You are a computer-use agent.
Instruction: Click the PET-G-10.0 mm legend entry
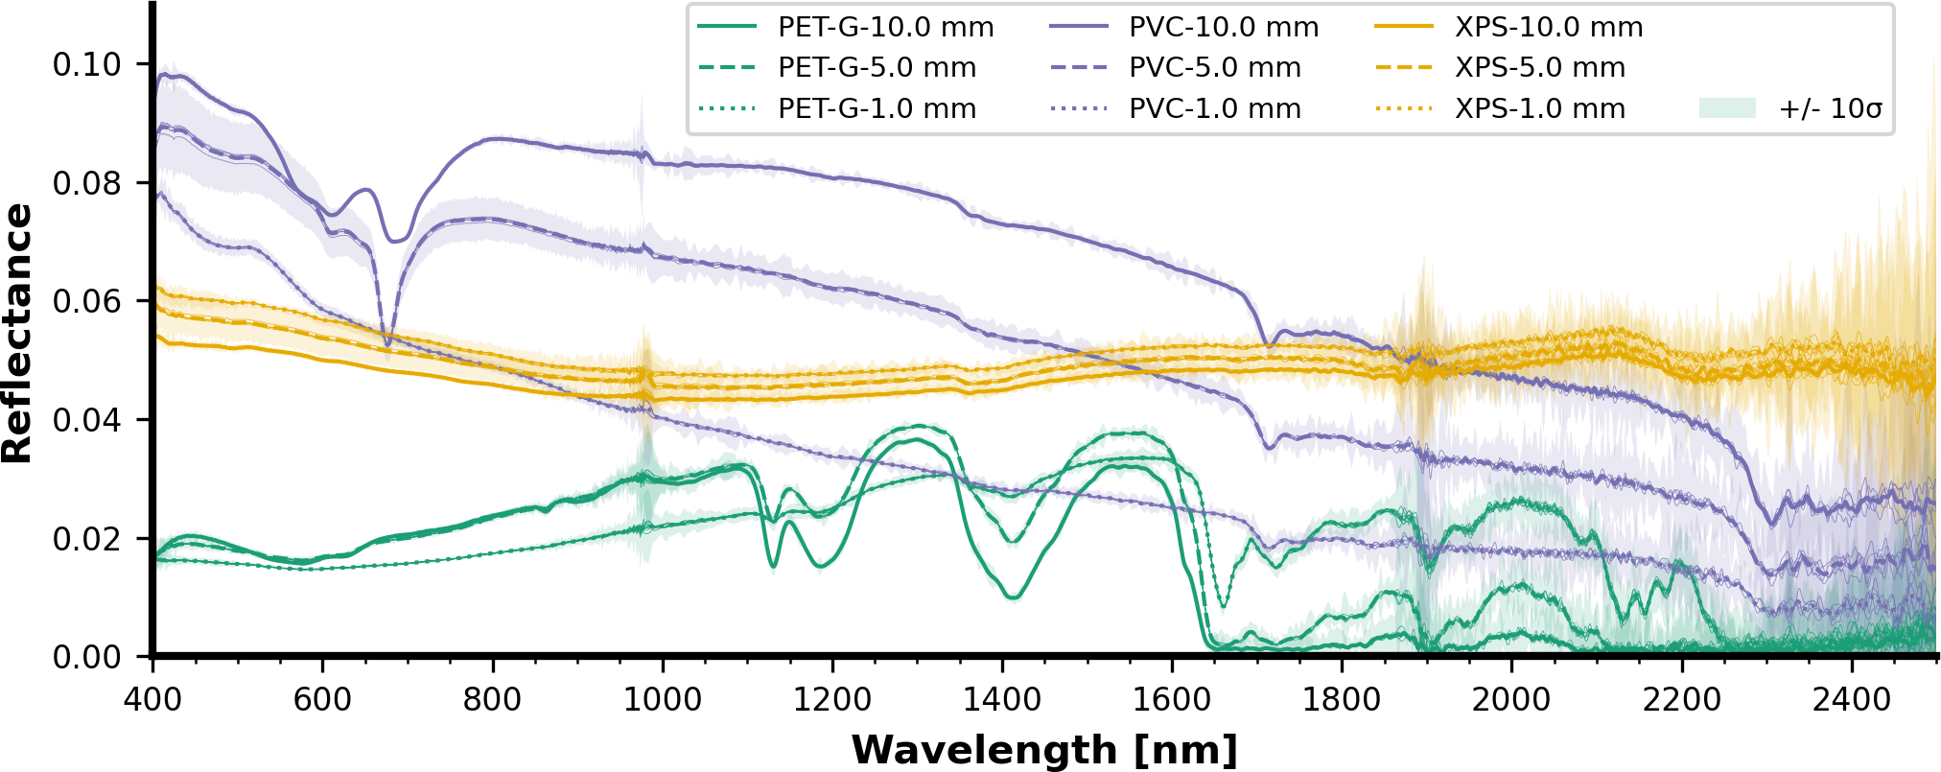pyautogui.click(x=885, y=27)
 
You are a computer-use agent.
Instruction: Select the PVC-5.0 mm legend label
pyautogui.click(x=1214, y=68)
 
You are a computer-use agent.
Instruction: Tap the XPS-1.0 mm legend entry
pyautogui.click(x=1539, y=109)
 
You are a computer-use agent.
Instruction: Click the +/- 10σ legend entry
pyautogui.click(x=1830, y=109)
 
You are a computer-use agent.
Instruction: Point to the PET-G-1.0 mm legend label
pyautogui.click(x=877, y=109)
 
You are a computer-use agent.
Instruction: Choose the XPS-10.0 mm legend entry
pyautogui.click(x=1548, y=27)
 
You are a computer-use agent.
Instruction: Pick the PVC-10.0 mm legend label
pyautogui.click(x=1224, y=27)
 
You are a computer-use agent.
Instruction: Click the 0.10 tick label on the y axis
pyautogui.click(x=87, y=65)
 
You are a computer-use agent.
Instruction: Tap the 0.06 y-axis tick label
pyautogui.click(x=87, y=302)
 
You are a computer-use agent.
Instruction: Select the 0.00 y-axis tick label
pyautogui.click(x=87, y=658)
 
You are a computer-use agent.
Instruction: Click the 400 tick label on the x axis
pyautogui.click(x=153, y=700)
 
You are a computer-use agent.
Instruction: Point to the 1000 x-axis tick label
pyautogui.click(x=663, y=700)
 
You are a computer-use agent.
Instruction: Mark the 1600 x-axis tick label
pyautogui.click(x=1172, y=700)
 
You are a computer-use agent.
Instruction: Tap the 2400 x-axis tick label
pyautogui.click(x=1851, y=700)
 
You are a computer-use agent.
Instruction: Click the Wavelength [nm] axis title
pyautogui.click(x=1044, y=750)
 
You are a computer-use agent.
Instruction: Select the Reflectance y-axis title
pyautogui.click(x=17, y=334)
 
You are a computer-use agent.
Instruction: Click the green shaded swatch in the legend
pyautogui.click(x=1727, y=108)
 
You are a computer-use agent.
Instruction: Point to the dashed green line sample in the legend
pyautogui.click(x=726, y=68)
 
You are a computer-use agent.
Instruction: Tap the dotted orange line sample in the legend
pyautogui.click(x=1404, y=109)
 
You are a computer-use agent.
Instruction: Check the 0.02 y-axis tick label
pyautogui.click(x=87, y=539)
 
